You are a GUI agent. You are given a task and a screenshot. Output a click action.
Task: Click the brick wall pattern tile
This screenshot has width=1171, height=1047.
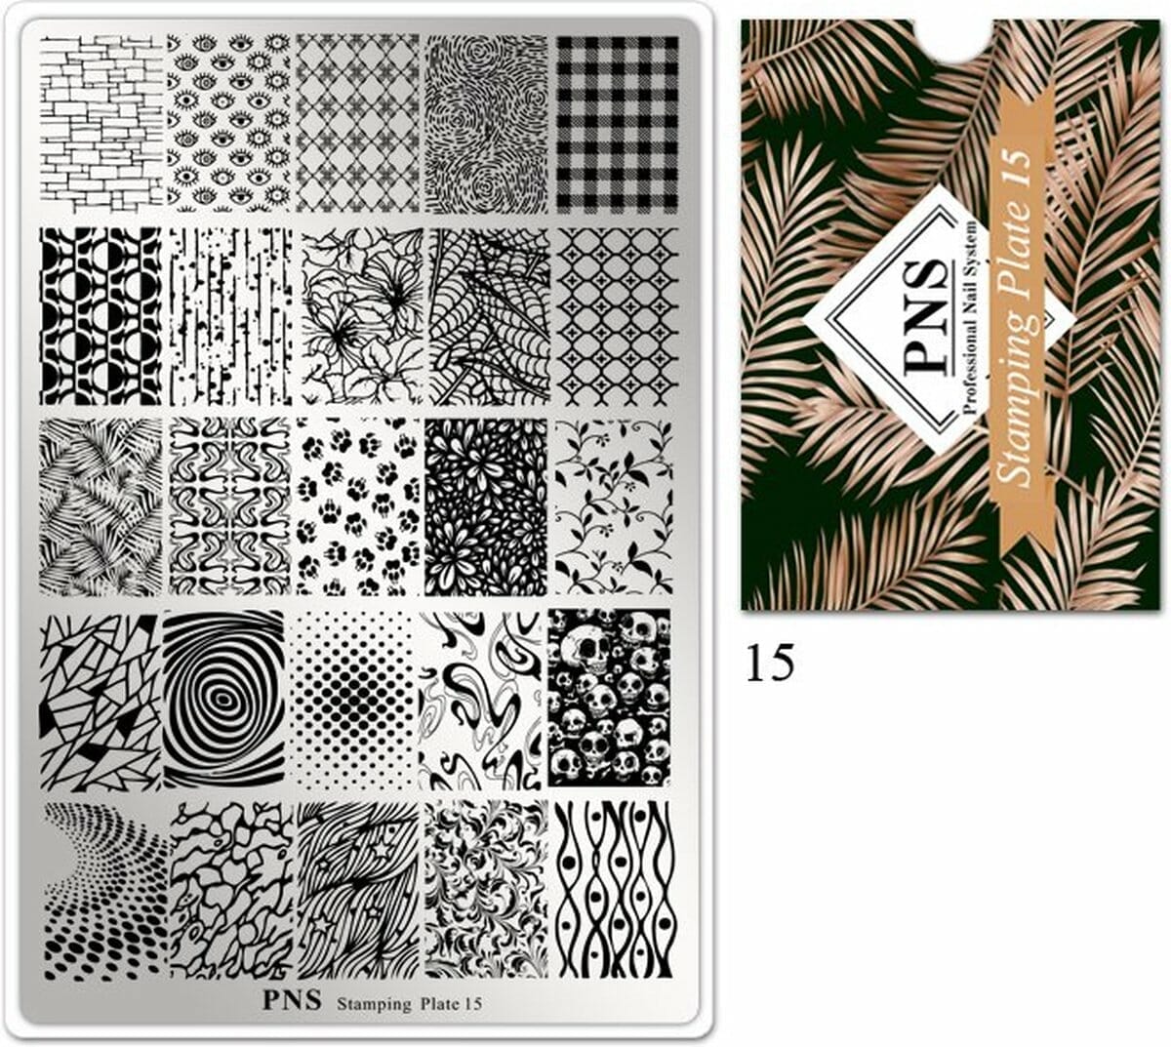click(x=101, y=122)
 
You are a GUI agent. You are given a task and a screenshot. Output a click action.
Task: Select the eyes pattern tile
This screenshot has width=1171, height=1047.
click(x=229, y=122)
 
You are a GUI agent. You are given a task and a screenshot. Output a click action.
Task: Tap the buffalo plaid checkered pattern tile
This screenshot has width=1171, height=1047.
click(x=618, y=123)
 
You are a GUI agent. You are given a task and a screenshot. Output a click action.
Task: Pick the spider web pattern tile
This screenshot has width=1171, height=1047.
click(x=488, y=315)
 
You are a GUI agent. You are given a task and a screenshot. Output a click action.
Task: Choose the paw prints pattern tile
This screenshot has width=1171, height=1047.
click(x=358, y=506)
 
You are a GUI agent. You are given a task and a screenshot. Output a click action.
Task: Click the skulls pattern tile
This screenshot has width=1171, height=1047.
click(x=609, y=698)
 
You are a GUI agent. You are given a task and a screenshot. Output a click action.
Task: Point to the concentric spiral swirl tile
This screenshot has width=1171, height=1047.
click(x=224, y=699)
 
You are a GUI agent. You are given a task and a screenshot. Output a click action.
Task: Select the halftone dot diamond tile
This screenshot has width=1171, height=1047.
click(x=355, y=701)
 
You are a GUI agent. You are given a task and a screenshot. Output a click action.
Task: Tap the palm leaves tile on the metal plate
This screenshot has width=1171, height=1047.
click(x=101, y=506)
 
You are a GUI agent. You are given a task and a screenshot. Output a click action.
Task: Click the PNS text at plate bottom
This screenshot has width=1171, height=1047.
click(x=292, y=1001)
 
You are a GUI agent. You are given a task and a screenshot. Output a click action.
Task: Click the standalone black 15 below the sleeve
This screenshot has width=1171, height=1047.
click(x=770, y=664)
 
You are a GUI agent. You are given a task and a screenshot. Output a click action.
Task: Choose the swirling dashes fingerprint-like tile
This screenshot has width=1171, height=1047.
click(x=487, y=123)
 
